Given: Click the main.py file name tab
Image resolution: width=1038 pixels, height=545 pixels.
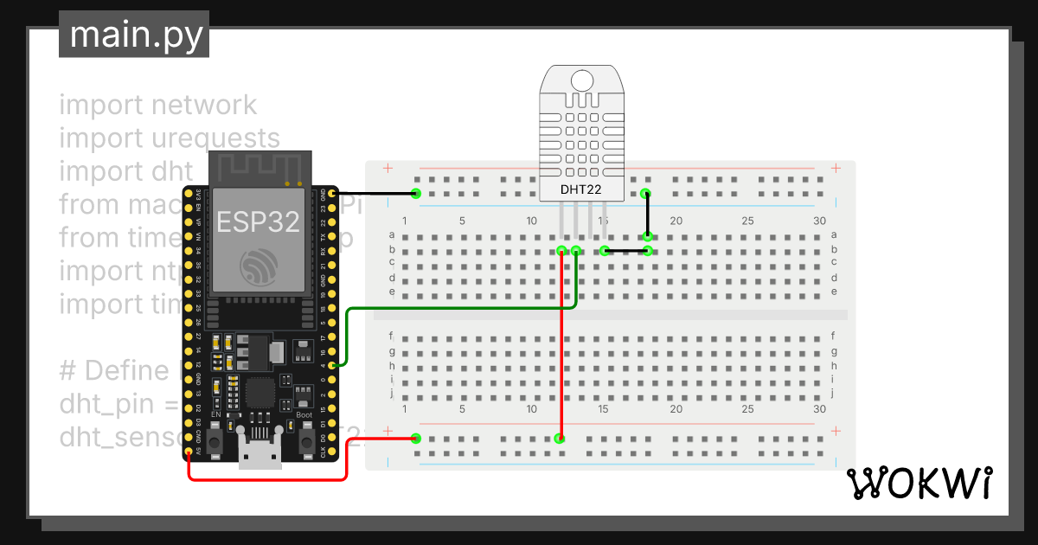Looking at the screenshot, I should click(x=134, y=35).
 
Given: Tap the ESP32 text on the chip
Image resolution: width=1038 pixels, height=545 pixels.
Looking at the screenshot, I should click(x=258, y=222).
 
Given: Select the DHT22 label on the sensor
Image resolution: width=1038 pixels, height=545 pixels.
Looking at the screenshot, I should click(x=580, y=189).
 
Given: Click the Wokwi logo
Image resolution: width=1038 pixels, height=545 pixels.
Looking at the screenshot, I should click(x=918, y=484).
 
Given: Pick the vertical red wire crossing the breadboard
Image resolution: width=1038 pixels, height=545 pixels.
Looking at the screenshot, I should click(x=561, y=346).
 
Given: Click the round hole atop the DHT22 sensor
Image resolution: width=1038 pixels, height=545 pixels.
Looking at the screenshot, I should click(x=580, y=80).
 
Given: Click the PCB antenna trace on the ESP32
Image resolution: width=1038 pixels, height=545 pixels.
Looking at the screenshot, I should click(x=257, y=167).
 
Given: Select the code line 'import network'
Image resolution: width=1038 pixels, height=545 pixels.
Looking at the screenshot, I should click(x=157, y=105).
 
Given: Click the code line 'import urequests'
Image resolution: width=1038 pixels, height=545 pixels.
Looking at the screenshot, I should click(x=170, y=138).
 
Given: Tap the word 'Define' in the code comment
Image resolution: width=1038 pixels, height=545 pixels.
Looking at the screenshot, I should click(x=125, y=371).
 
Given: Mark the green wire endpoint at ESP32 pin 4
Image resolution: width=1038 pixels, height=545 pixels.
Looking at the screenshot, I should click(x=334, y=365).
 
